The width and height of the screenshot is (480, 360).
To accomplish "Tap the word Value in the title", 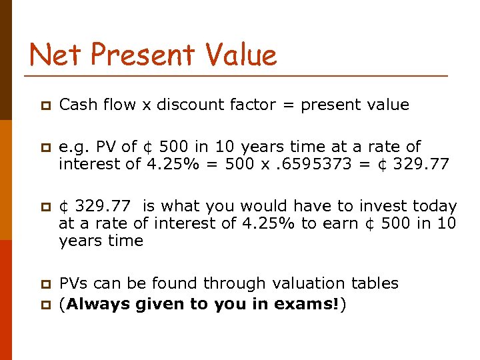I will click(x=239, y=55).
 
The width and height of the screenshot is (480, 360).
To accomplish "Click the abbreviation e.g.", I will click(x=72, y=147).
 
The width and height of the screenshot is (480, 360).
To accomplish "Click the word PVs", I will click(x=74, y=283).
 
